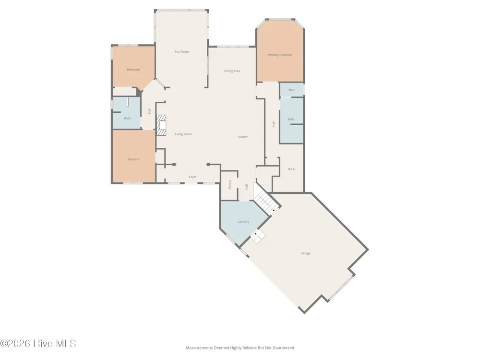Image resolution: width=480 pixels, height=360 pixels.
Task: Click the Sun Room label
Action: tap(181, 52)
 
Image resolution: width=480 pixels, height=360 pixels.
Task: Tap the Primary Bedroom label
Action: tap(280, 55)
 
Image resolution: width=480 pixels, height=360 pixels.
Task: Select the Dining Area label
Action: tap(232, 71)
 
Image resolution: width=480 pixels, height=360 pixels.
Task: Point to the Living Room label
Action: tap(183, 134)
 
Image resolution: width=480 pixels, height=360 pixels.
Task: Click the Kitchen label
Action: tap(243, 137)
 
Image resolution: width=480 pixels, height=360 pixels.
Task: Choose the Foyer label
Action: tap(192, 177)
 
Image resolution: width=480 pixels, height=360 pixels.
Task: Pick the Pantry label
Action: tap(230, 184)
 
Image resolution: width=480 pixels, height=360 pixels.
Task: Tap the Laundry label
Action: tap(243, 222)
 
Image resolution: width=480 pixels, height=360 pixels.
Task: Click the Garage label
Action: tap(305, 253)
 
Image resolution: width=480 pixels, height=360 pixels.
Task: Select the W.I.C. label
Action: tap(292, 169)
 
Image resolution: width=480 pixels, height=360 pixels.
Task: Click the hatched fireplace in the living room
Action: tap(161, 125)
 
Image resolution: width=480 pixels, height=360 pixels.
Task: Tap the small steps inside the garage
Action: tap(258, 237)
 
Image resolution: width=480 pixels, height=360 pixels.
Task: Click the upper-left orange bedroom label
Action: tap(133, 70)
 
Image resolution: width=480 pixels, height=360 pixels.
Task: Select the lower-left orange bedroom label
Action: tap(134, 159)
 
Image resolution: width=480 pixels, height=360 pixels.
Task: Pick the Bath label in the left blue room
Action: tap(127, 118)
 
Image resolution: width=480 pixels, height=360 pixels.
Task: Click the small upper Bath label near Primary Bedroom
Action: tap(292, 90)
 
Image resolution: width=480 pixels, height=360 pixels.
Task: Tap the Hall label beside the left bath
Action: tap(149, 111)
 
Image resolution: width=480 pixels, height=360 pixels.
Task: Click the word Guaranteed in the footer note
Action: tap(284, 348)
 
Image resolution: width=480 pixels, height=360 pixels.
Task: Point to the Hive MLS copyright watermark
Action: tap(38, 344)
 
